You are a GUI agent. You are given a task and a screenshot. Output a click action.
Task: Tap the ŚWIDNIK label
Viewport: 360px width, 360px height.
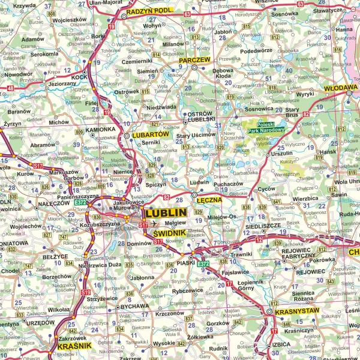pos(171,233)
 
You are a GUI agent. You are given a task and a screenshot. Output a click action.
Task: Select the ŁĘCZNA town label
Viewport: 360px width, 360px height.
pos(210,200)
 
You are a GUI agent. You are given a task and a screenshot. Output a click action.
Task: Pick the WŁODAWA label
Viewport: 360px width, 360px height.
pos(340,87)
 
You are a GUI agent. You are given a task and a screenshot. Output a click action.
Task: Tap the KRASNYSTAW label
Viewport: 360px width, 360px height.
pos(296,313)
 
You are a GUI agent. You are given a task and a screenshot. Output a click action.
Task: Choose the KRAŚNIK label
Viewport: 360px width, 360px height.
pos(74,346)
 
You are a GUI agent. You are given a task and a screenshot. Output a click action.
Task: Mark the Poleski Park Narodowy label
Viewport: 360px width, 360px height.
pos(261,127)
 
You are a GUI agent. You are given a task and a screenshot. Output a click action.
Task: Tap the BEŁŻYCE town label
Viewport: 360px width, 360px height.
pos(55,256)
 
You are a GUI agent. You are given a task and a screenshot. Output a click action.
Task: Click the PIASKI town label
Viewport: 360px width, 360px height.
pos(187,262)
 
